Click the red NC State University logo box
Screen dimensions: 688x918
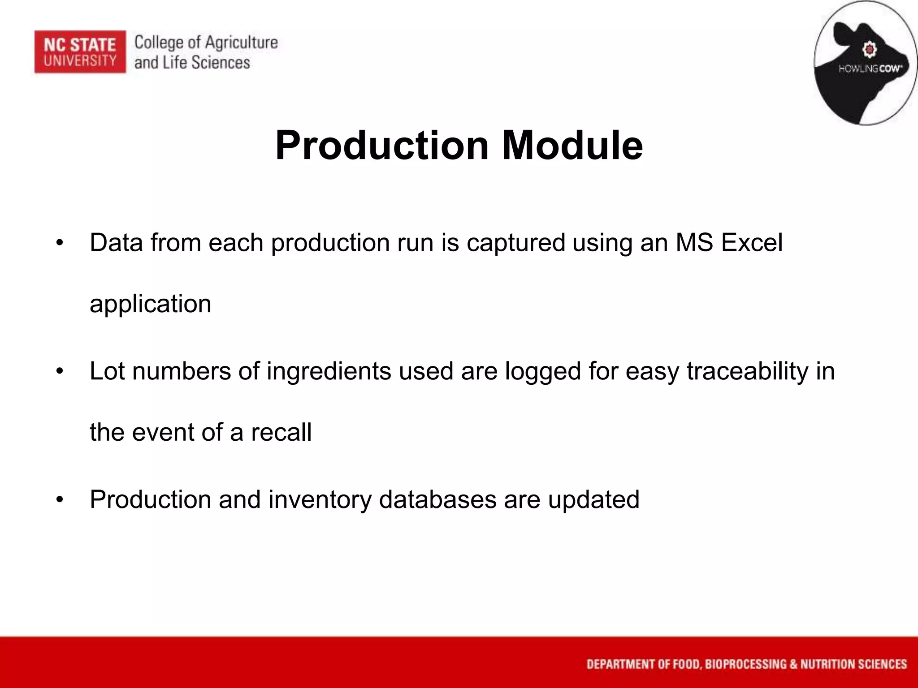80,52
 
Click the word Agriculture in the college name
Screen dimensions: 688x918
242,43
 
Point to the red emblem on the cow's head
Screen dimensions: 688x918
870,49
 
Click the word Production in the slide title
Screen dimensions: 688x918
381,145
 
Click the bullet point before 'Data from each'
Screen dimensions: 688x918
60,243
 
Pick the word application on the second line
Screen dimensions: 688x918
150,304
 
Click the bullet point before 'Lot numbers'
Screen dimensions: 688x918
60,372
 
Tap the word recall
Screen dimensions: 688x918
281,432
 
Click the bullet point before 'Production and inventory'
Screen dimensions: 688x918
60,500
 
